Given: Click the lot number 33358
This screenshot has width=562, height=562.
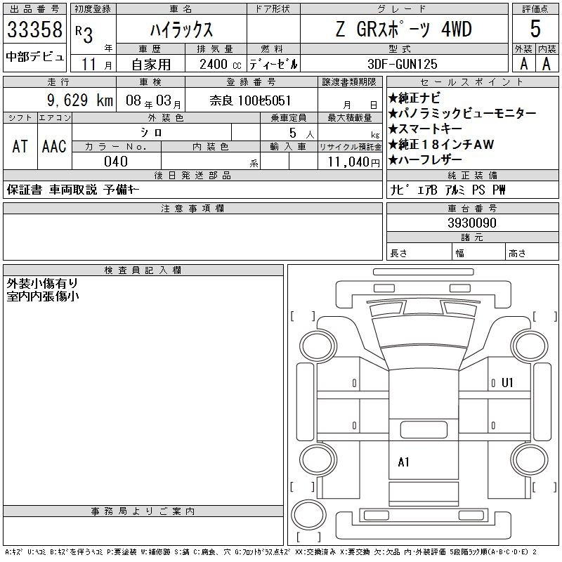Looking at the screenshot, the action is [x=34, y=29].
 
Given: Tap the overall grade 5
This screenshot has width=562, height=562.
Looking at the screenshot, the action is [x=535, y=29].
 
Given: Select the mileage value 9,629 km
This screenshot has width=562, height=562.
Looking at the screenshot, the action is [x=80, y=100].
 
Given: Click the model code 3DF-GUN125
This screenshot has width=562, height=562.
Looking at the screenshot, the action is [x=403, y=64].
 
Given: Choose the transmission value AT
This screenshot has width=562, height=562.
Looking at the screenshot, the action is [x=20, y=146].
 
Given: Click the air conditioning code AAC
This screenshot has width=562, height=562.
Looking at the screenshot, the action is [x=54, y=146].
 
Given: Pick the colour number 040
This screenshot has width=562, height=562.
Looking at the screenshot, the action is [x=116, y=162].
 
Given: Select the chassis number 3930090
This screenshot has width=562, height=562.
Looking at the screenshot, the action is [x=472, y=223].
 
